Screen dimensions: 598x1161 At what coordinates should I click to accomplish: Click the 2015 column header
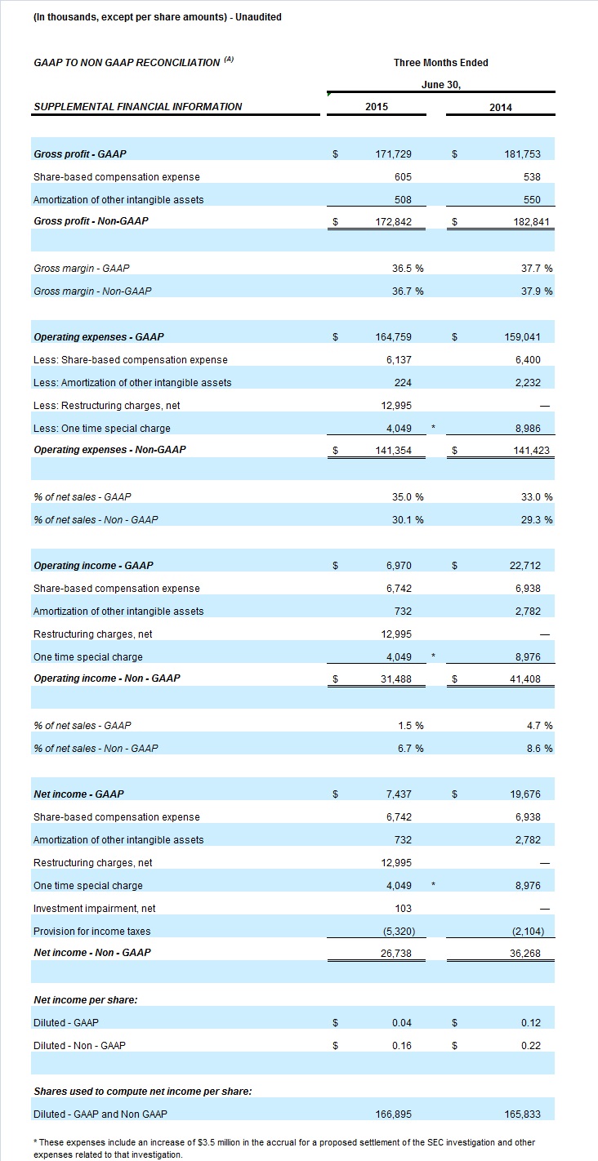pyautogui.click(x=376, y=107)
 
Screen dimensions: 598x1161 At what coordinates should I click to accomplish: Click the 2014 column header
pyautogui.click(x=501, y=108)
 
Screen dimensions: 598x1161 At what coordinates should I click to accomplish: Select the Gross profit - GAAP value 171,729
pyautogui.click(x=393, y=154)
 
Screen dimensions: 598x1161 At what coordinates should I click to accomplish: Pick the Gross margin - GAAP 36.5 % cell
pyautogui.click(x=408, y=269)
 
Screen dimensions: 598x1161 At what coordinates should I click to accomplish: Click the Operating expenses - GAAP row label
pyautogui.click(x=99, y=337)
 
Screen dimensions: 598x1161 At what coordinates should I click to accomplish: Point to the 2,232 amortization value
pyautogui.click(x=528, y=382)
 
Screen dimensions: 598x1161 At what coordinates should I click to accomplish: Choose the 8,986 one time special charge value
pyautogui.click(x=528, y=429)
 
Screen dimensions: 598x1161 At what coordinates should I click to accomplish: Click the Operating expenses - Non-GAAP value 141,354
pyautogui.click(x=393, y=451)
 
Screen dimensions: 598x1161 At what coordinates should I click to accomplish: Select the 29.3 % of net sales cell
pyautogui.click(x=537, y=520)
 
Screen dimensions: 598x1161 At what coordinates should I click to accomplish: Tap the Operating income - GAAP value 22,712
pyautogui.click(x=524, y=566)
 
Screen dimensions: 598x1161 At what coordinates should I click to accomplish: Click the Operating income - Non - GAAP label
pyautogui.click(x=107, y=678)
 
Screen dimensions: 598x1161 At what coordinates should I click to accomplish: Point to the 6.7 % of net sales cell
pyautogui.click(x=411, y=749)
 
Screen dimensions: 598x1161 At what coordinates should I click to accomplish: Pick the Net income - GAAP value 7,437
pyautogui.click(x=399, y=794)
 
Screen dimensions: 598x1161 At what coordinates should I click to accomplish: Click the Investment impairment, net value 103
pyautogui.click(x=403, y=909)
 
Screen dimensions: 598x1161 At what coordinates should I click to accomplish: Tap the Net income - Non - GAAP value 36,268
pyautogui.click(x=524, y=954)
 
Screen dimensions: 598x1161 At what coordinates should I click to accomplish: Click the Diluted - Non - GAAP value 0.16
pyautogui.click(x=402, y=1046)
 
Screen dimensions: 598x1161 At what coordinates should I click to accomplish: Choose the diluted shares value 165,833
pyautogui.click(x=522, y=1114)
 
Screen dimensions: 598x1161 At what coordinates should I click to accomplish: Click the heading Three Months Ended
pyautogui.click(x=441, y=63)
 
